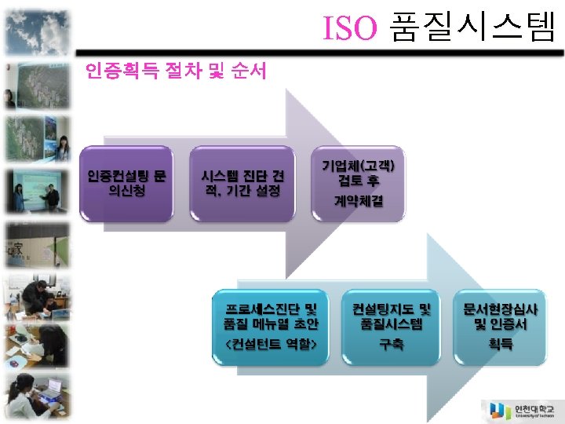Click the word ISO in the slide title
(350, 27)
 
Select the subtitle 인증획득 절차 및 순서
(177, 71)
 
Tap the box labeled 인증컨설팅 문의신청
(126, 183)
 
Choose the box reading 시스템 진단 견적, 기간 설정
(242, 183)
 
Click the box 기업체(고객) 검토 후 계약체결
(359, 182)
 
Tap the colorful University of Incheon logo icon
(498, 410)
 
